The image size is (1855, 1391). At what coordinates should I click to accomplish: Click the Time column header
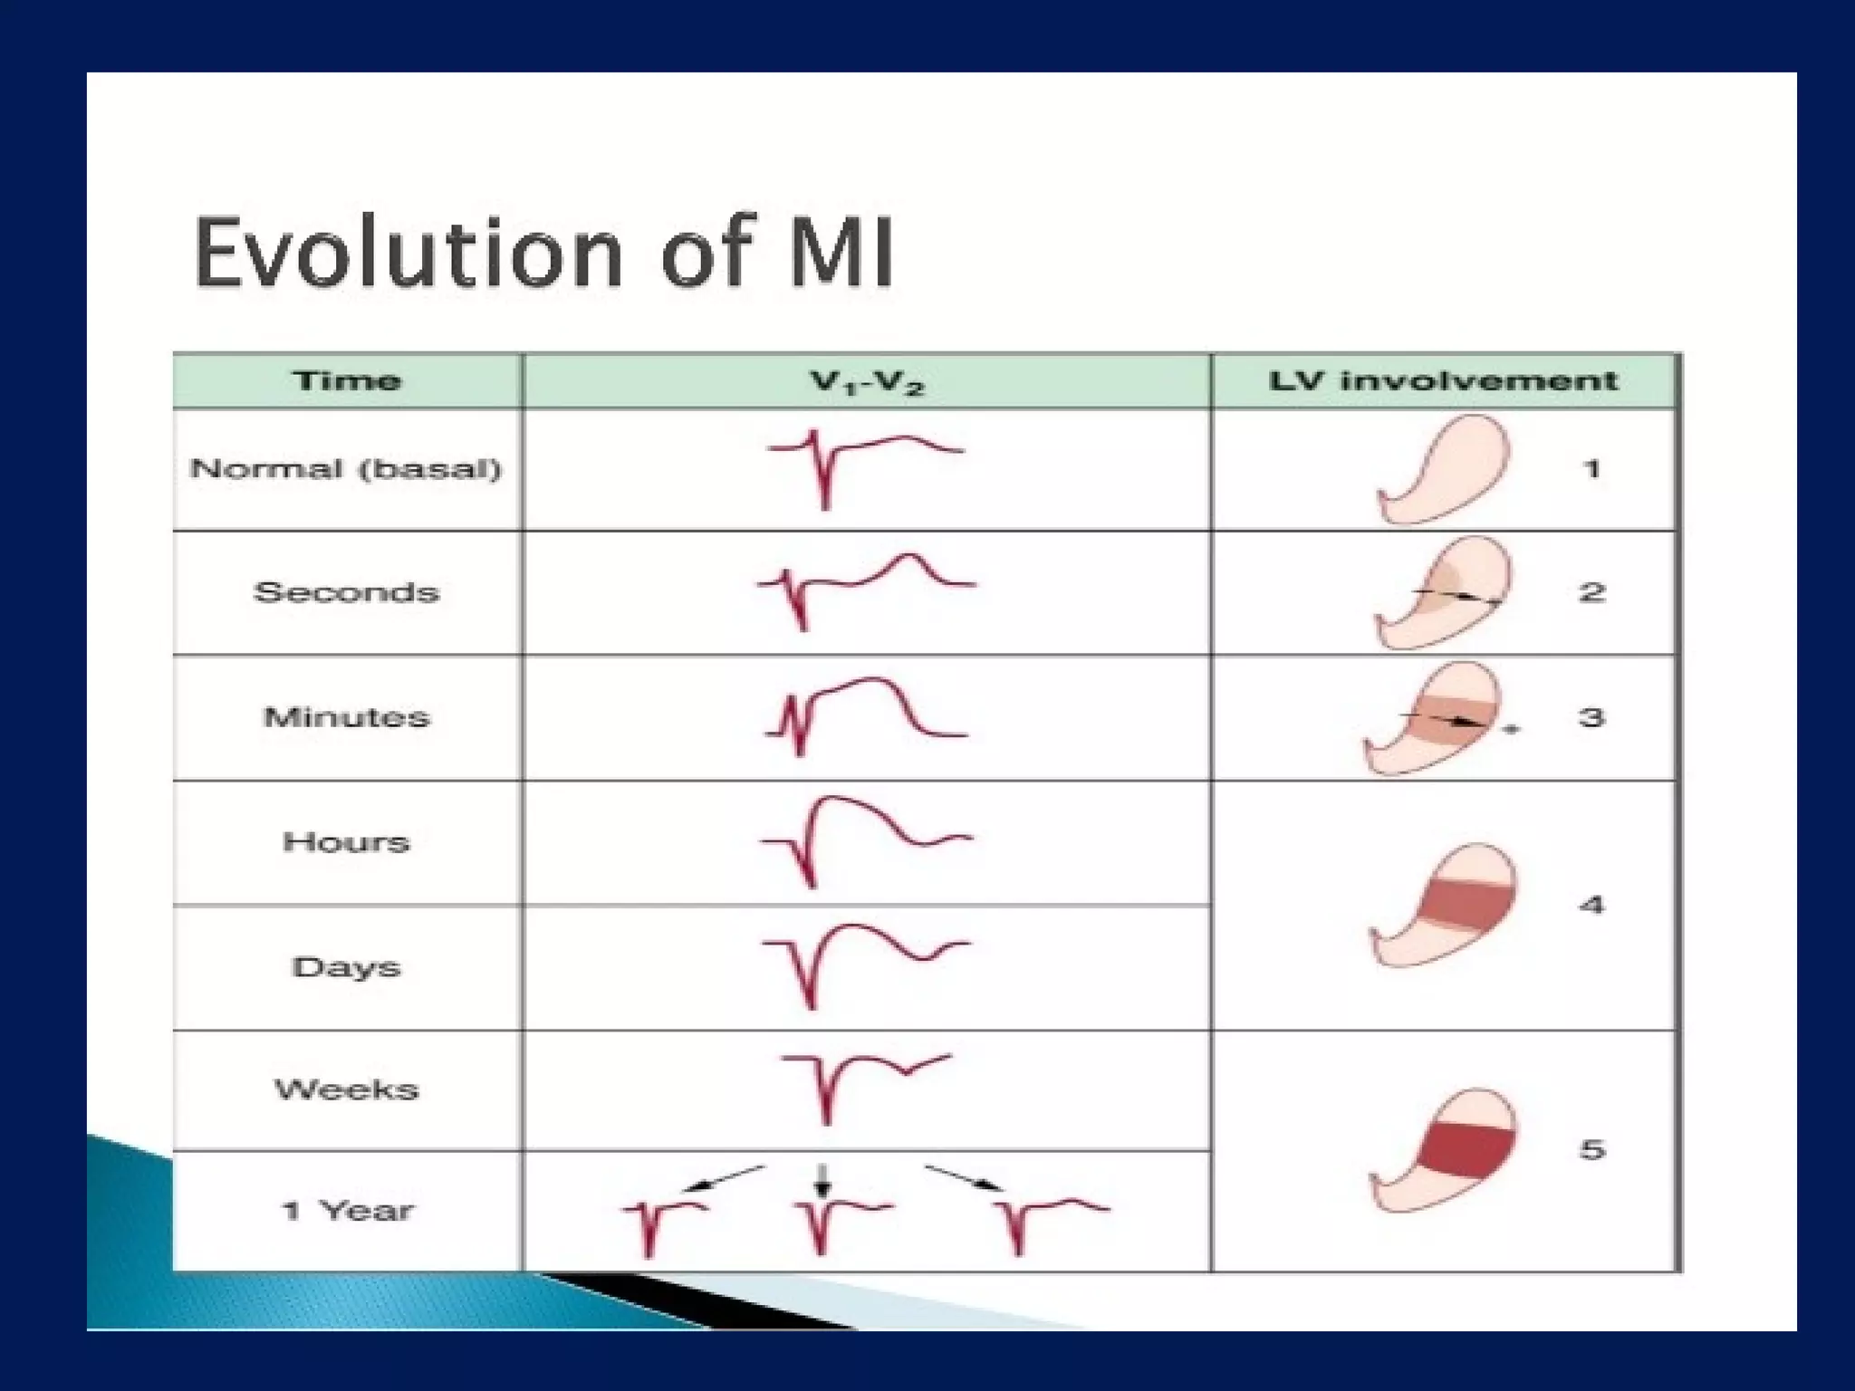[347, 380]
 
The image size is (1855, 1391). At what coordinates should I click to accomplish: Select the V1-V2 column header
[867, 382]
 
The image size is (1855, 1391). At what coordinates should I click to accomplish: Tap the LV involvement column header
[1443, 380]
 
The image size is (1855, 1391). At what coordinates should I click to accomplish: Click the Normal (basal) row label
[346, 469]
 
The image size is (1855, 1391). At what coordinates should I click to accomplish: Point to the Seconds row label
[347, 592]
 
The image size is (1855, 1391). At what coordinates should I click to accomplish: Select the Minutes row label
[347, 717]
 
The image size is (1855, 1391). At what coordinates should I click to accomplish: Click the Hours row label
[347, 842]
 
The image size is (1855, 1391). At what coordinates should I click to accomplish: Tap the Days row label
[347, 967]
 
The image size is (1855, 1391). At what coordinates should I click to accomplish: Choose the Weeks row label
[347, 1089]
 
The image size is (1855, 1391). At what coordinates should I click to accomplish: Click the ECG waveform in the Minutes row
[865, 715]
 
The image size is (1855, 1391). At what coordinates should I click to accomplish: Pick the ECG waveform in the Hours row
[865, 838]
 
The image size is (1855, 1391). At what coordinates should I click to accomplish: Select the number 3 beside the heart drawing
[1591, 718]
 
